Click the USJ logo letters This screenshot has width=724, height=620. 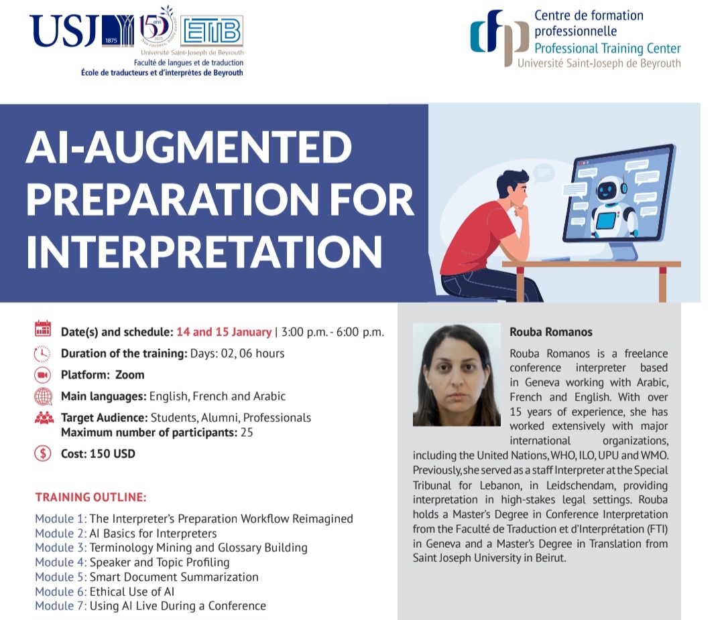pyautogui.click(x=64, y=30)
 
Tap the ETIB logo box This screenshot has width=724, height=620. pyautogui.click(x=211, y=31)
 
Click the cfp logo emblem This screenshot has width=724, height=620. pyautogui.click(x=499, y=37)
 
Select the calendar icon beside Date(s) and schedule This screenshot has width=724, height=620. pyautogui.click(x=43, y=329)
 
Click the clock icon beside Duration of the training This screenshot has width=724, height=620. pyautogui.click(x=42, y=354)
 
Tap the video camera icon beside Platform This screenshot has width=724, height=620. pyautogui.click(x=43, y=374)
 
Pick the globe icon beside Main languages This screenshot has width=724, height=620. pyautogui.click(x=44, y=396)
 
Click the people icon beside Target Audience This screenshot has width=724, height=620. pyautogui.click(x=44, y=418)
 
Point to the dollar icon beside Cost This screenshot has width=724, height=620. pyautogui.click(x=43, y=454)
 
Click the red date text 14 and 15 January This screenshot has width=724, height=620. pyautogui.click(x=224, y=332)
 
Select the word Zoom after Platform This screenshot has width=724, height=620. pyautogui.click(x=130, y=374)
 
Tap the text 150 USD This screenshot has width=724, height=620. pyautogui.click(x=112, y=454)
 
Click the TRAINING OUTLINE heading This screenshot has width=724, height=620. pyautogui.click(x=91, y=497)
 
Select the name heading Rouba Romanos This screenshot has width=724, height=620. pyautogui.click(x=551, y=332)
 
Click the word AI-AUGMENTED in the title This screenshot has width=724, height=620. pyautogui.click(x=189, y=147)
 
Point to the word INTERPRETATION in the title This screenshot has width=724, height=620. pyautogui.click(x=204, y=252)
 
